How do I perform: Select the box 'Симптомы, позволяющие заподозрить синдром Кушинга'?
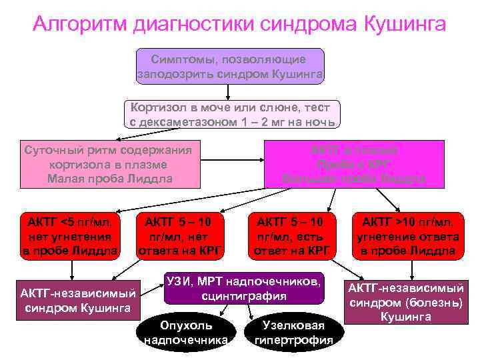[230, 66]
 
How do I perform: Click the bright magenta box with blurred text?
[354, 163]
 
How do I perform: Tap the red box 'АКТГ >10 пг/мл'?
[407, 236]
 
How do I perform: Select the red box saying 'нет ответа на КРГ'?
[180, 236]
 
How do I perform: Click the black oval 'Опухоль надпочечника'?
[185, 333]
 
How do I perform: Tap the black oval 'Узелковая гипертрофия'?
[293, 333]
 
